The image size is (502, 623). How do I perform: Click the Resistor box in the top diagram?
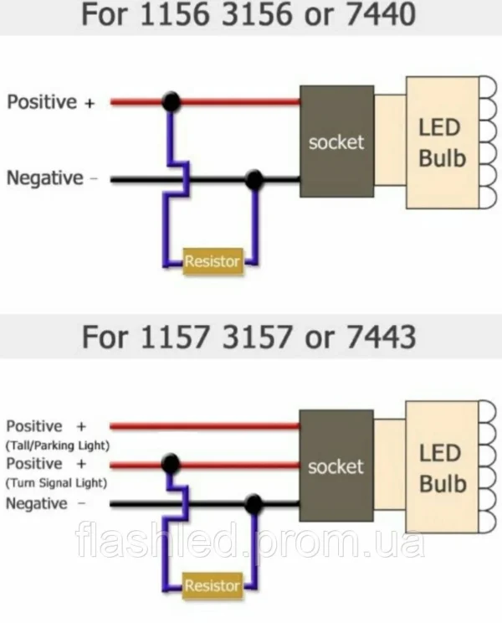coord(213,261)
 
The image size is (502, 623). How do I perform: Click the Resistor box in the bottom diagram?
coord(213,585)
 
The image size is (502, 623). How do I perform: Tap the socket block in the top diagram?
coord(336,142)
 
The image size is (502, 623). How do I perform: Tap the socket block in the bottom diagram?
coord(336,466)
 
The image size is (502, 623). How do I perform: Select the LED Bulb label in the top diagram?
coord(442,143)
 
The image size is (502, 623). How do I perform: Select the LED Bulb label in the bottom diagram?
coord(443,468)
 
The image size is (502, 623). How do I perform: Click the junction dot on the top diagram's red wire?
coord(172,101)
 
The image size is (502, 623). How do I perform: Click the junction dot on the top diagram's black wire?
coord(254,179)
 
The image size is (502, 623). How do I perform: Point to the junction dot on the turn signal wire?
coord(171,464)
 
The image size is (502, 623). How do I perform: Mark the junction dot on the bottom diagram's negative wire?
coord(254,504)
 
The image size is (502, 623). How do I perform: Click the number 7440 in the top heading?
coord(382,14)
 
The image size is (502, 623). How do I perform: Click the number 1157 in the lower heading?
coord(175,337)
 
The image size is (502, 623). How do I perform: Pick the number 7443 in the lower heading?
coord(382,337)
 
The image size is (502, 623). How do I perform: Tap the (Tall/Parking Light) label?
coord(58,445)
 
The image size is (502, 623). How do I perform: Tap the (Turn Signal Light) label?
coord(56,483)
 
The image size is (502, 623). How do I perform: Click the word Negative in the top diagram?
coord(45,178)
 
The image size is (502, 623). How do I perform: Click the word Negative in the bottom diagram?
coord(37,503)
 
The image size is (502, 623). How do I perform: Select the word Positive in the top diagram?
coord(42,101)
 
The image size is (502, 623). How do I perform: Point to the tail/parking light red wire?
coord(205,426)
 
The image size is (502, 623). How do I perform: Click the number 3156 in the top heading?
coord(257,14)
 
